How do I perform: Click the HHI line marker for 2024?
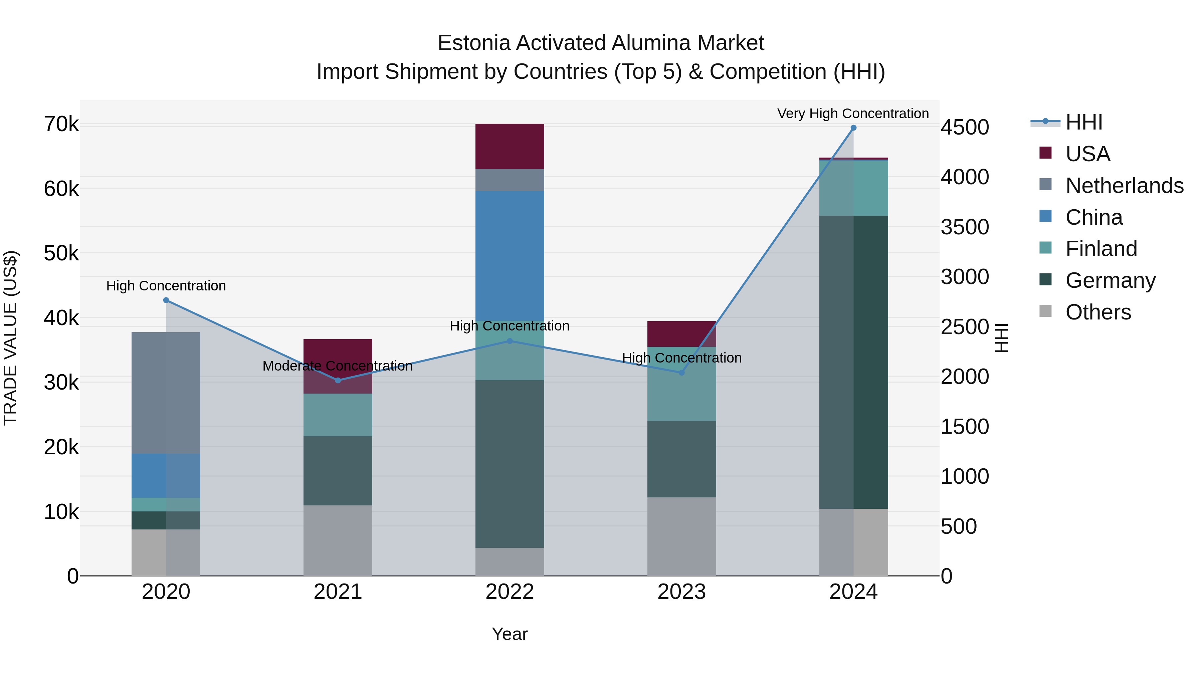[853, 128]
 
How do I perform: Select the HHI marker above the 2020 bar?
[166, 300]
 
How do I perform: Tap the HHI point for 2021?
[338, 380]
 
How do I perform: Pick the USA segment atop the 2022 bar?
[510, 146]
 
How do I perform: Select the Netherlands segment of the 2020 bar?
[166, 393]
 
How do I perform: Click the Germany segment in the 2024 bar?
[853, 362]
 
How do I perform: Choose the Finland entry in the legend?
[1101, 249]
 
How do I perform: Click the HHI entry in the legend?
[1083, 122]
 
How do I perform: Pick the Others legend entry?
[1098, 312]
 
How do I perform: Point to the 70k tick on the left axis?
[61, 125]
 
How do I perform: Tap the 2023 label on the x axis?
[681, 592]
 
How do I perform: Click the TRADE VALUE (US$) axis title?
[10, 338]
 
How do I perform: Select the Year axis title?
[510, 634]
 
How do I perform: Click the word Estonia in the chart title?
[474, 43]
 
